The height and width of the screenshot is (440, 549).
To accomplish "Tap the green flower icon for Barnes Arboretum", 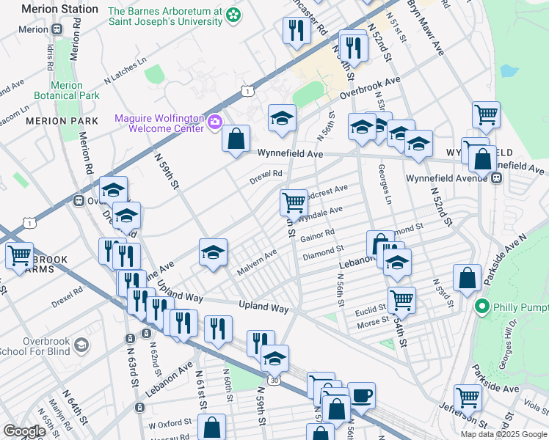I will [233, 15].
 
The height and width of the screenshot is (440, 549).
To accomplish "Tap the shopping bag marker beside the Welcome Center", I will [236, 138].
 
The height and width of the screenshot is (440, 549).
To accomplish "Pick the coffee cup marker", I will [360, 395].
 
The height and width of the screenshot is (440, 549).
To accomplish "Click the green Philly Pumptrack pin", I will [482, 306].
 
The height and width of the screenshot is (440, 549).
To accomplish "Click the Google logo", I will [25, 431].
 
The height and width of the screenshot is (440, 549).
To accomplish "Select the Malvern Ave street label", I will [256, 263].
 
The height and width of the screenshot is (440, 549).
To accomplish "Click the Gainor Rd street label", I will [317, 235].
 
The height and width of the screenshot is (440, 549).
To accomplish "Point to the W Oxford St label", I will [172, 424].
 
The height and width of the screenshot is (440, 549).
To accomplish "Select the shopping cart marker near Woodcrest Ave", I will [294, 200].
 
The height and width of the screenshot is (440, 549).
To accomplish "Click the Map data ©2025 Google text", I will [503, 433].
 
